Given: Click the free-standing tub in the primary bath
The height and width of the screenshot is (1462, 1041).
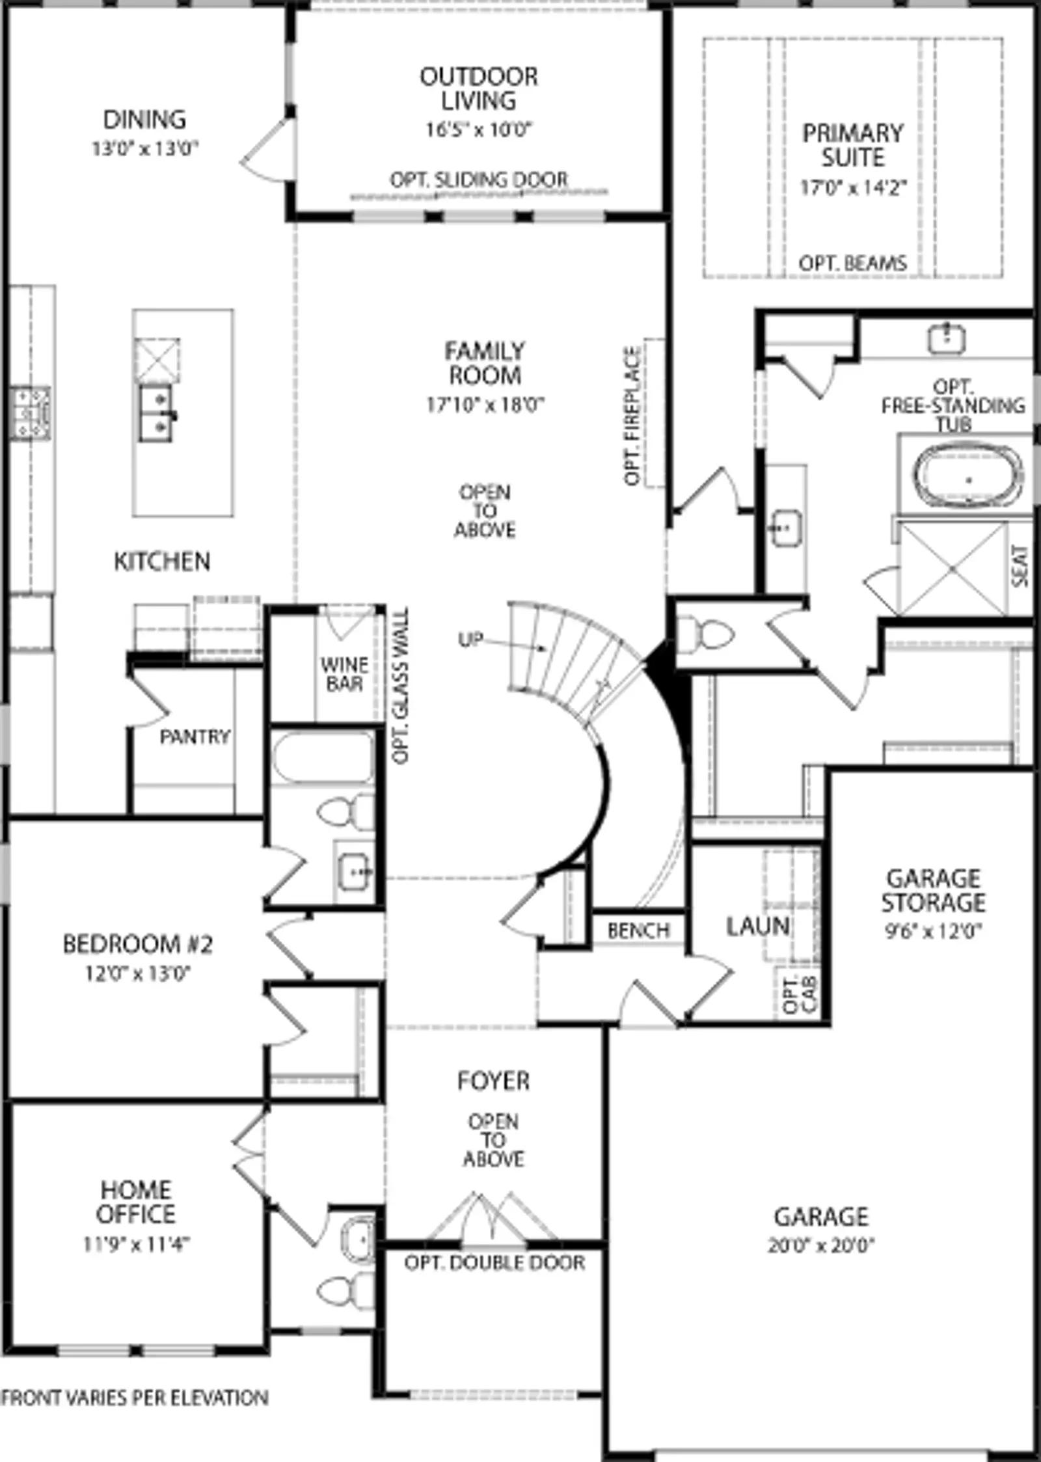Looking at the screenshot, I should point(966,480).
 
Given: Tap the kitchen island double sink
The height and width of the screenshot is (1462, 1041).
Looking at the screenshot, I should point(156,412).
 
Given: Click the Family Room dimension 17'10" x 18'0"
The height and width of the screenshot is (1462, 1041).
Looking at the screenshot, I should point(485,405).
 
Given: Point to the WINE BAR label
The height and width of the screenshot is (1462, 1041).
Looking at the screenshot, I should point(344,674).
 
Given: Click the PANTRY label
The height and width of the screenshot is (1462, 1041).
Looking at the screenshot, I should point(195,737).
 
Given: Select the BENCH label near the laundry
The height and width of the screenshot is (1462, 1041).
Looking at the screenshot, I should point(638,930).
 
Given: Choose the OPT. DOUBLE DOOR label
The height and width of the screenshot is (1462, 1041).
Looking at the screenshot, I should point(494,1263).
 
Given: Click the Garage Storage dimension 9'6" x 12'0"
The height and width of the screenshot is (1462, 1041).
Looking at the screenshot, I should point(933,931).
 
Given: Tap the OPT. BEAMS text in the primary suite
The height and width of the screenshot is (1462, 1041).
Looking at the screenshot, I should point(852,264).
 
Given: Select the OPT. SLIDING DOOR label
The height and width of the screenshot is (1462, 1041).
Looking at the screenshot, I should point(478,180).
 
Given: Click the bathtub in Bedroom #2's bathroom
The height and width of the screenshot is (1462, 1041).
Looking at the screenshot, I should point(322,758).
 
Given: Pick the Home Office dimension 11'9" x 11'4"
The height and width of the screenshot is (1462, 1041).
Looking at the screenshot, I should point(136,1244).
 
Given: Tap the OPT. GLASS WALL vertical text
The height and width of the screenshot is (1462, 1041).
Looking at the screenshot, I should point(401,686).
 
